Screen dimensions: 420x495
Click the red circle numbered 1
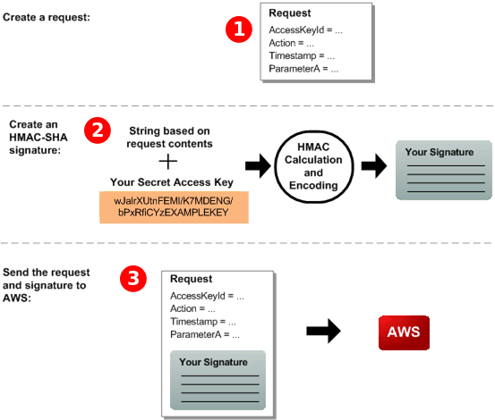237,29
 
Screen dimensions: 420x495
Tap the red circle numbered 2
97,130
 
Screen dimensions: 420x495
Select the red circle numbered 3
133,278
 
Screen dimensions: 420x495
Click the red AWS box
403,332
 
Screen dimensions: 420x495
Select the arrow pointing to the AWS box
325,332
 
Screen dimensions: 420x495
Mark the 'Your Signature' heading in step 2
439,152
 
